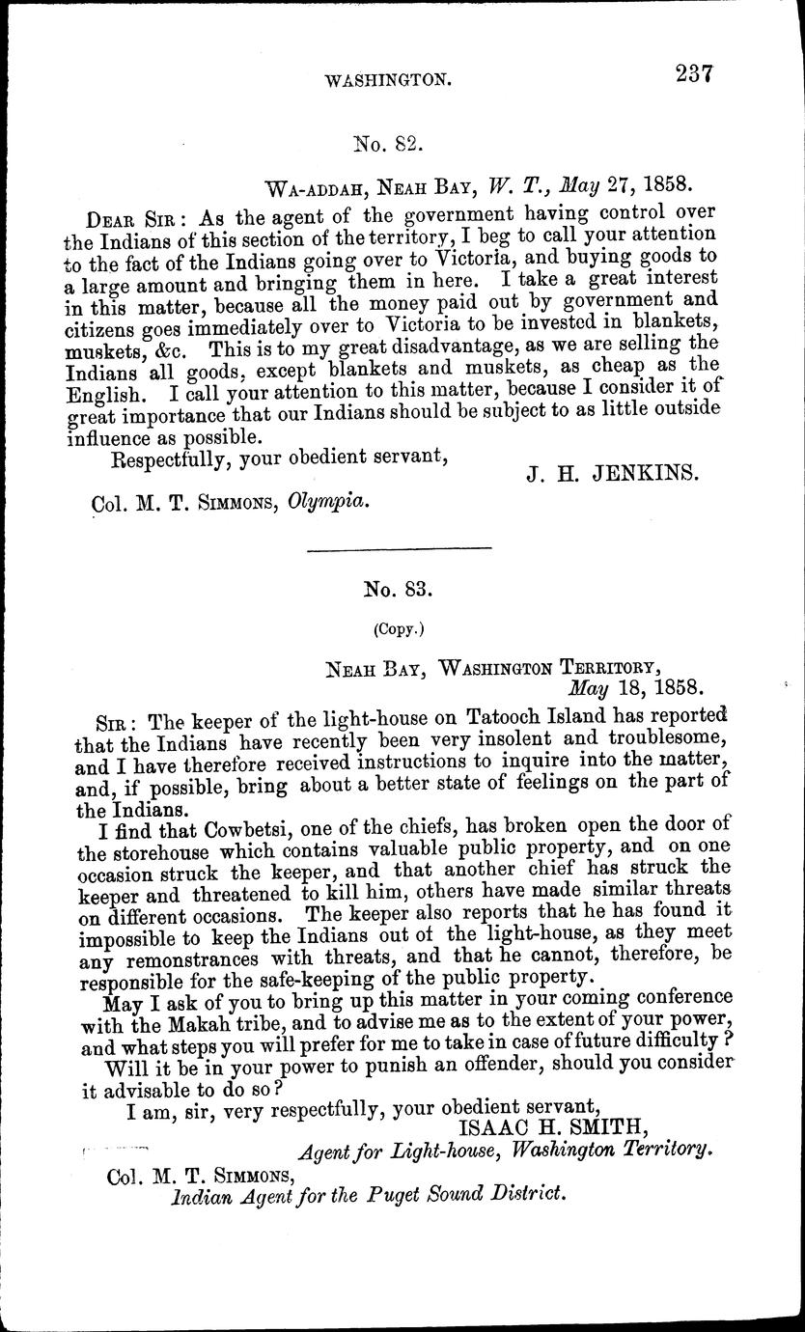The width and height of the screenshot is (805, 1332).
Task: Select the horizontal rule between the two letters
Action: click(398, 548)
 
